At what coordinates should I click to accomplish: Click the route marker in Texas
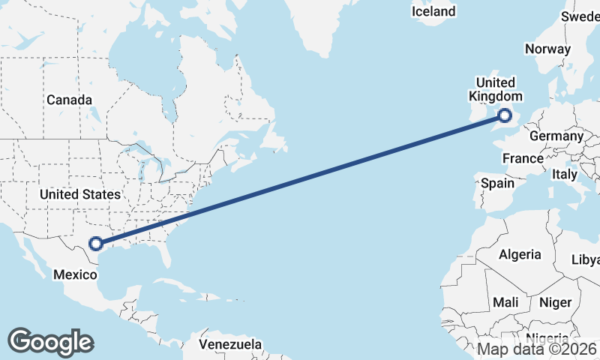pos(96,243)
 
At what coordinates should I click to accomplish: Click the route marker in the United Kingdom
pos(505,115)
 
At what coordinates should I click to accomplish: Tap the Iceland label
pos(433,11)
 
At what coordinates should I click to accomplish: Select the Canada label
pos(69,100)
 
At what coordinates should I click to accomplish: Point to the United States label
pos(79,194)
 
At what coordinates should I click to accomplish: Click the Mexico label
pos(75,274)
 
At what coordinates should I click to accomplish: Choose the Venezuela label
pos(231,344)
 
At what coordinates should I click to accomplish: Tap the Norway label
pos(547,49)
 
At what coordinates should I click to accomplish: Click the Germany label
pos(556,136)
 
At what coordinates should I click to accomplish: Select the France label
pos(523,158)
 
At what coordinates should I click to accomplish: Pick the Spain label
pos(498,183)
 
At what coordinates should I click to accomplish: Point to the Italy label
pos(564,174)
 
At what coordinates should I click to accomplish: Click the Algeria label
pos(520,254)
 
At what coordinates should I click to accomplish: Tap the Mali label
pos(505,301)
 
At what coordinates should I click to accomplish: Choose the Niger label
pos(555,302)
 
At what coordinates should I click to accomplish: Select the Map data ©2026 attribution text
pos(536,349)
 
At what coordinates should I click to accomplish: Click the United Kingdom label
pos(495,89)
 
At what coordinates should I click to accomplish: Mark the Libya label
pos(586,259)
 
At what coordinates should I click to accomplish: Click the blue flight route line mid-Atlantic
pos(300,179)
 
